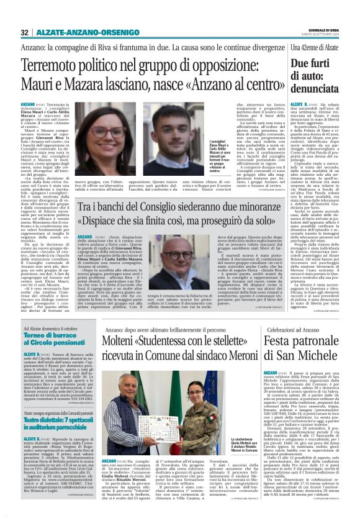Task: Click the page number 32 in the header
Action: [x=24, y=32]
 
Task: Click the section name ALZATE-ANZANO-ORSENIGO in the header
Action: [x=78, y=32]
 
